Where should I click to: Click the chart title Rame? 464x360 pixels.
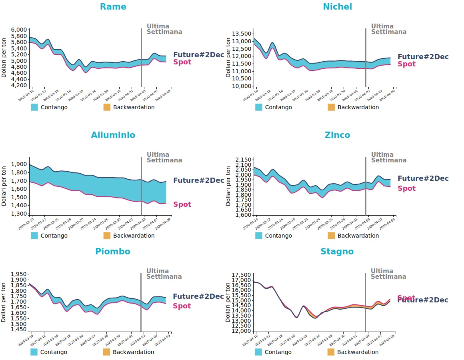click(113, 7)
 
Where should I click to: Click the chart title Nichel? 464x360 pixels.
click(337, 7)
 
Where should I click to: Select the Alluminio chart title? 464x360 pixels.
click(113, 135)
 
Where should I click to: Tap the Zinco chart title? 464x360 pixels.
click(337, 135)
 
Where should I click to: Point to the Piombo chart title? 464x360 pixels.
click(112, 252)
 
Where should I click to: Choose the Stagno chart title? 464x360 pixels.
click(337, 252)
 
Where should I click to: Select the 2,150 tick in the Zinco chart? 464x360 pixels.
click(244, 160)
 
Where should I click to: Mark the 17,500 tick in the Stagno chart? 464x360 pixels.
click(242, 275)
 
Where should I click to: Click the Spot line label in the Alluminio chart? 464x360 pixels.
click(182, 204)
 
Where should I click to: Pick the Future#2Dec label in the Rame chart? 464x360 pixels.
click(198, 55)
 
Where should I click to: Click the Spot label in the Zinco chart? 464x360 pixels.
click(406, 188)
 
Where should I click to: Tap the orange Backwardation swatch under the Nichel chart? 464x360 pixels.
click(331, 107)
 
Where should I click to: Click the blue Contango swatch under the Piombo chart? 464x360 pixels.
click(34, 352)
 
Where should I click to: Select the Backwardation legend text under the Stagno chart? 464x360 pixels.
click(358, 352)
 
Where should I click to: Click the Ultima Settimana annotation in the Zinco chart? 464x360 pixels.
click(388, 157)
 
